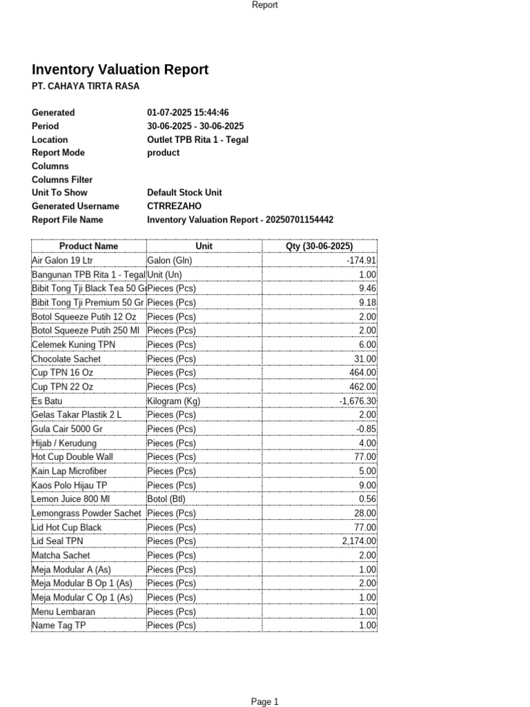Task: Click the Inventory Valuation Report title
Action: [x=120, y=70]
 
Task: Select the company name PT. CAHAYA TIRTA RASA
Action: [x=86, y=86]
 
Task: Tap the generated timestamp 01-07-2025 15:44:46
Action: [x=188, y=113]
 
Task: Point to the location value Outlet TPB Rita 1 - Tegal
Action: [x=197, y=139]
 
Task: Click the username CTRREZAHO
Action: [x=174, y=206]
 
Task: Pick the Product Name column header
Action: [x=88, y=246]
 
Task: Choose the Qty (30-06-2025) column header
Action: [x=320, y=246]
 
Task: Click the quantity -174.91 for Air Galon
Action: [x=361, y=260]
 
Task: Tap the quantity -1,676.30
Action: [x=357, y=401]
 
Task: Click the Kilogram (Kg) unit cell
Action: [x=173, y=401]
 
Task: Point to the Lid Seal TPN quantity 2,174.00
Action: [x=359, y=541]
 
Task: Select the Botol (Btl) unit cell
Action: [x=166, y=499]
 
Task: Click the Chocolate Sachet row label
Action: [x=66, y=359]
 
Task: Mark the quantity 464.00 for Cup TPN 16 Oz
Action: [x=363, y=373]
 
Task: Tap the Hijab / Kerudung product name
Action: [x=64, y=443]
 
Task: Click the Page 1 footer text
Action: [x=264, y=702]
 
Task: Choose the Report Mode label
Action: [x=58, y=153]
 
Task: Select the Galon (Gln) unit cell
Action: [x=169, y=260]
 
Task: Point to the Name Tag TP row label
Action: [x=59, y=626]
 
